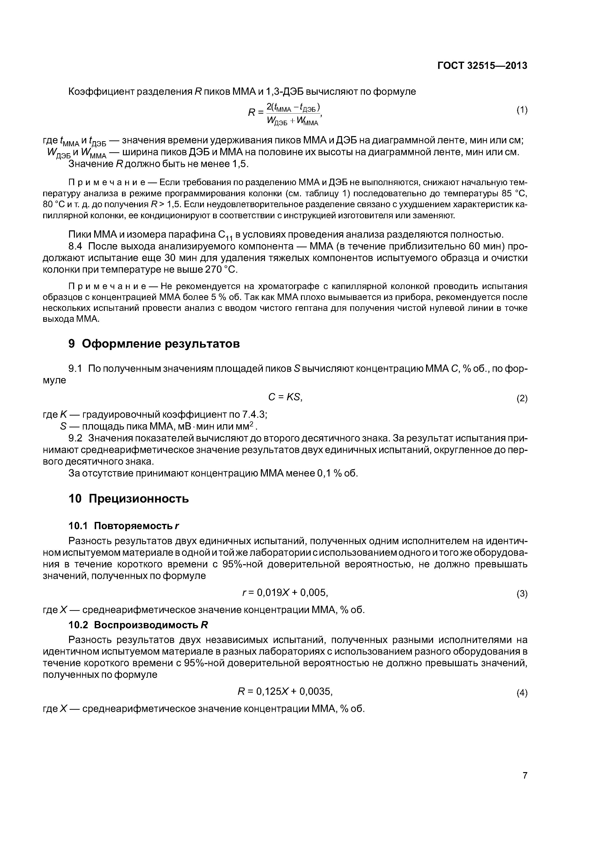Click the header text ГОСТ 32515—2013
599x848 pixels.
pos(482,66)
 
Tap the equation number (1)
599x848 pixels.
pos(521,110)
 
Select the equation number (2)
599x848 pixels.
pos(521,399)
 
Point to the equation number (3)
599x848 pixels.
pos(521,594)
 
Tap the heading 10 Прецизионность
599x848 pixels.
pos(129,499)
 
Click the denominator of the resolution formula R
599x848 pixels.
pos(292,120)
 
